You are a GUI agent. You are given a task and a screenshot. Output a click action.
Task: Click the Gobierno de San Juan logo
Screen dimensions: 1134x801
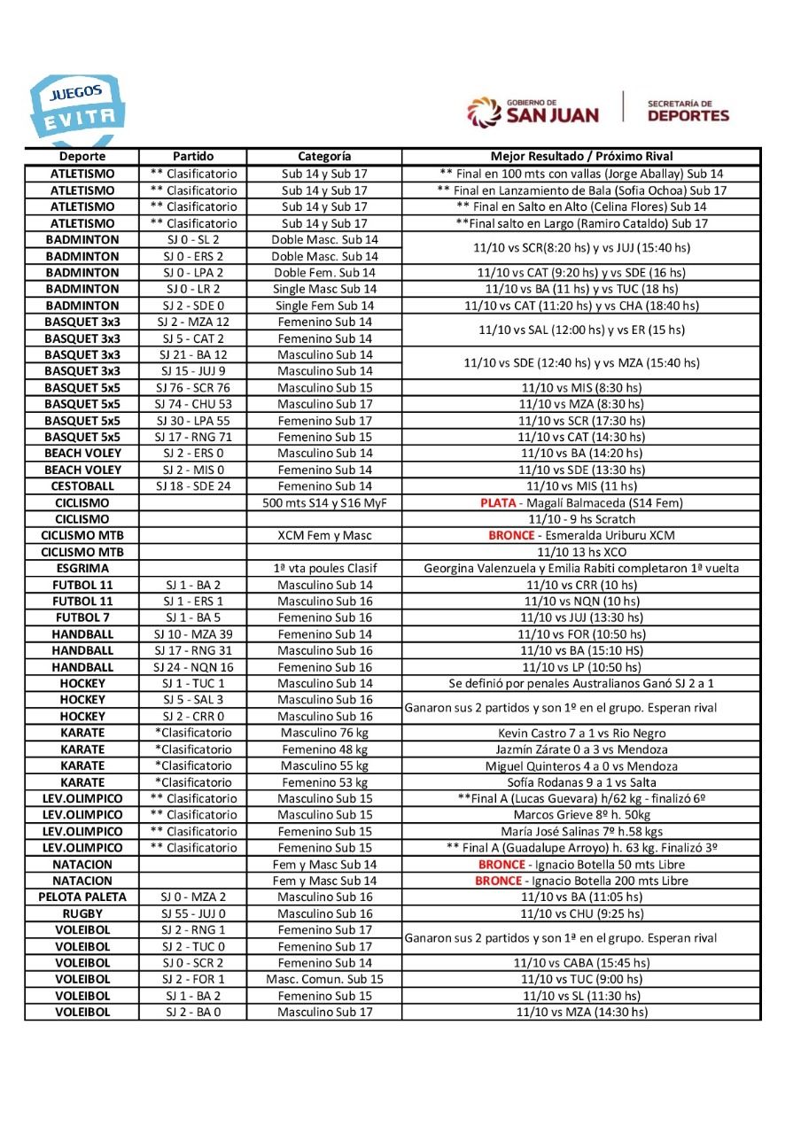(x=533, y=110)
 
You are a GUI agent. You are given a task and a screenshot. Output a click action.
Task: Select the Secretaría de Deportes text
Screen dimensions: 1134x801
(x=688, y=110)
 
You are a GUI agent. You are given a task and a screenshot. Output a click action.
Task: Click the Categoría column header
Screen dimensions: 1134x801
(x=324, y=157)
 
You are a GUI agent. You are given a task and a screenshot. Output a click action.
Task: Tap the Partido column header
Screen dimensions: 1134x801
(x=193, y=157)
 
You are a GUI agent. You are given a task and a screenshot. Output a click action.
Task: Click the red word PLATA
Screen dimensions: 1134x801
(x=498, y=502)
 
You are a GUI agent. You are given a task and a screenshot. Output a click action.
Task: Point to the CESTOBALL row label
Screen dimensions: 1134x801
(x=82, y=485)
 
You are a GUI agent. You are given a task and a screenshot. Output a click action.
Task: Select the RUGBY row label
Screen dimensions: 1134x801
(x=82, y=913)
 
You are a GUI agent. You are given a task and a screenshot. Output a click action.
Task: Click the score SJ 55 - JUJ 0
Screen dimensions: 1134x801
(x=193, y=913)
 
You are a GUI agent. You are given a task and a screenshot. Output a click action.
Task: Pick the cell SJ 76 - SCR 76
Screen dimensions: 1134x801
(x=193, y=387)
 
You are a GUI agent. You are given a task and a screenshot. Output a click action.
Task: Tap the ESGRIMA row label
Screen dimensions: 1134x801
(x=82, y=568)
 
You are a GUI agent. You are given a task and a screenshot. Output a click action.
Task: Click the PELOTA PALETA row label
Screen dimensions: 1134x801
(x=82, y=897)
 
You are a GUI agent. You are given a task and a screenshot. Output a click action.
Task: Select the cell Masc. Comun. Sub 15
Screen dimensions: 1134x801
(x=324, y=979)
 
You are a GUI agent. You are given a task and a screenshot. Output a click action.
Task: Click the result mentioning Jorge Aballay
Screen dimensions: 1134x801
(x=581, y=174)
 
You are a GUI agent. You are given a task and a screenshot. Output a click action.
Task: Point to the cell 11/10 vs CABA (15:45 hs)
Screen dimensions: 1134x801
(x=581, y=963)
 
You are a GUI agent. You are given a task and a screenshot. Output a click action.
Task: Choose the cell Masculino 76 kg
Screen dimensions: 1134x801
(x=324, y=733)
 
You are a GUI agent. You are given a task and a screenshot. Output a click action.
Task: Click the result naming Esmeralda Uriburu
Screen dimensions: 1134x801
(x=581, y=535)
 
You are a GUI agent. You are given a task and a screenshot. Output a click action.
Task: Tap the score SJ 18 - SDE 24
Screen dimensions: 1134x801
(x=193, y=485)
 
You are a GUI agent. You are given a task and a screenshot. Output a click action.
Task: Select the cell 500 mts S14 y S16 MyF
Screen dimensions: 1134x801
(x=324, y=502)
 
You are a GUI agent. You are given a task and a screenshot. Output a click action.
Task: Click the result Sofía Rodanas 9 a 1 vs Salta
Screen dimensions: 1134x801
(x=581, y=781)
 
